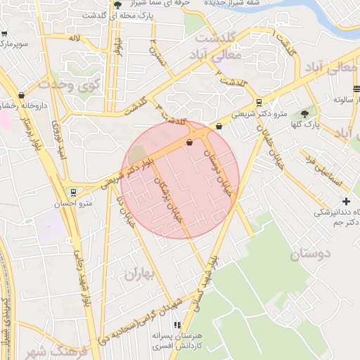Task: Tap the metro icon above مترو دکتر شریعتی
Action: click(259, 102)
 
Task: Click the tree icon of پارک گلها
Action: click(305, 114)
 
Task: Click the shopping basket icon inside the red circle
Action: click(189, 143)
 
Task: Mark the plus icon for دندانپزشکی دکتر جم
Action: click(345, 201)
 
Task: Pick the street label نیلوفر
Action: click(119, 46)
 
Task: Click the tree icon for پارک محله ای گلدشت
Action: click(117, 7)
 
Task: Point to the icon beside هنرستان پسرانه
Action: click(177, 325)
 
